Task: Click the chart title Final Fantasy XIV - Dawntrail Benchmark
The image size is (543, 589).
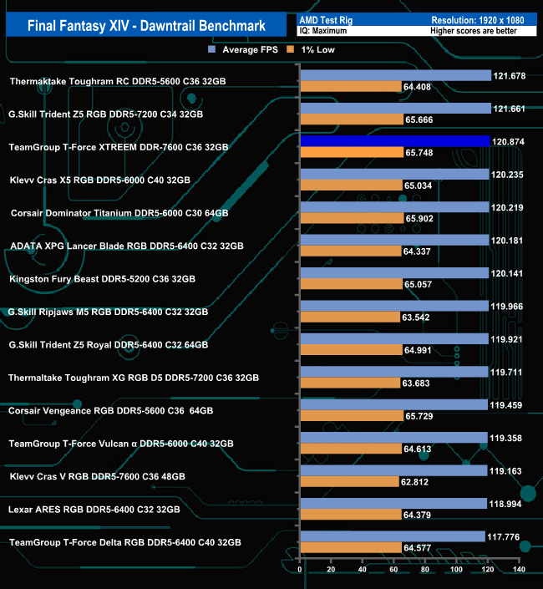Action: point(146,26)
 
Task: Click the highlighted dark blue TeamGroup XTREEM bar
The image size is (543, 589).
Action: point(394,141)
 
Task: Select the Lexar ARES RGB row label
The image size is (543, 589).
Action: point(94,509)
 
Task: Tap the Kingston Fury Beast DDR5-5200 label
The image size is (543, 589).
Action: point(102,279)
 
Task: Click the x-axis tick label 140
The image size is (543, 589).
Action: point(518,570)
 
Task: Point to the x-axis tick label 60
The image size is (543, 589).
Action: point(393,570)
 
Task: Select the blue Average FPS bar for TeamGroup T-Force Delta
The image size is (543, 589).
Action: point(392,536)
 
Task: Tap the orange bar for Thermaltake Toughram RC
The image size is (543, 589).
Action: point(350,87)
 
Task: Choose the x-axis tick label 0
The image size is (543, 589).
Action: point(300,570)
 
